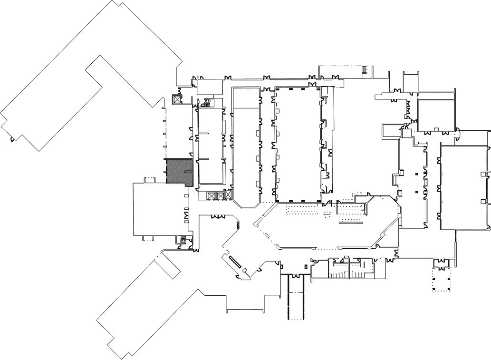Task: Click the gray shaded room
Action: [x=179, y=171]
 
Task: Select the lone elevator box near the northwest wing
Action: [x=177, y=100]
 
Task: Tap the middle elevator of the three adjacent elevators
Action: [x=220, y=195]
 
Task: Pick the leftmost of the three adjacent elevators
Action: [x=212, y=195]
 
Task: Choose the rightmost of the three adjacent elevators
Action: [x=228, y=195]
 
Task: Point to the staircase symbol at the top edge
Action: [x=365, y=70]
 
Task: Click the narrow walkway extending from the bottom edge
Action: [x=296, y=297]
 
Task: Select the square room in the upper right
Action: [x=436, y=114]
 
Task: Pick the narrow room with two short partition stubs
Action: [x=211, y=145]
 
